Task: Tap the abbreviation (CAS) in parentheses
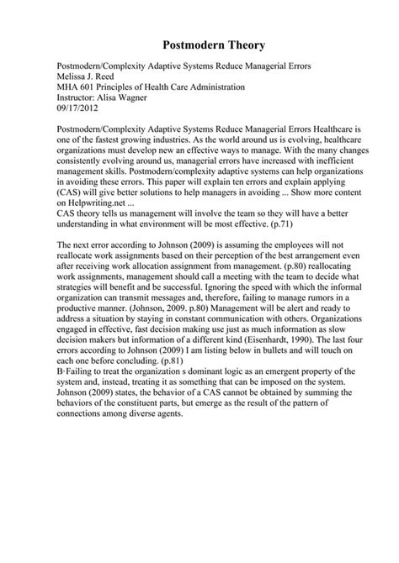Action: pos(71,192)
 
